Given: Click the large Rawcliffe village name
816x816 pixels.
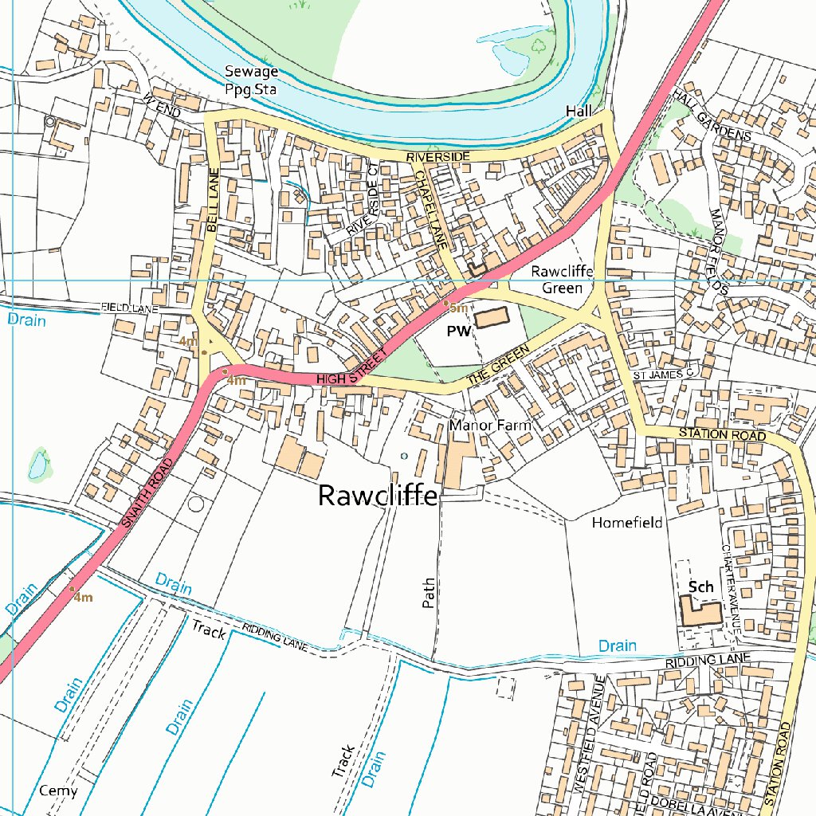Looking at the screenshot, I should click(x=377, y=496).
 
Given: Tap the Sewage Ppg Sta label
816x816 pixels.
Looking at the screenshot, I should click(x=250, y=80).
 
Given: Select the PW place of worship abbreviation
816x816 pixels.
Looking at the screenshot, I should click(x=459, y=331).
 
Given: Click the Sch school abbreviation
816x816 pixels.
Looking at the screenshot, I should click(x=700, y=587).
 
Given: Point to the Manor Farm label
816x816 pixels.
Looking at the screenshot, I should click(x=489, y=426).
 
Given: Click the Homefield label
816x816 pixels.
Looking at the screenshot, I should click(x=627, y=523).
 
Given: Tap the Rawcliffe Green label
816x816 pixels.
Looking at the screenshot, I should click(x=563, y=280).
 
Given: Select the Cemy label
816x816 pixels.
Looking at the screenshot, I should click(x=58, y=790).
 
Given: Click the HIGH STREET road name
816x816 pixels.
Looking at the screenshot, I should click(x=351, y=371).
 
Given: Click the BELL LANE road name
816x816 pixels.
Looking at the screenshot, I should click(x=212, y=200).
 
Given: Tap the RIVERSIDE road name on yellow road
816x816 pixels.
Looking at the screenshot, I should click(x=438, y=157).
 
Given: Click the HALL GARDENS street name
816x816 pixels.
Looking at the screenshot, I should click(x=712, y=115).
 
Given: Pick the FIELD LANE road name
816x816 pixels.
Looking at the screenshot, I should click(x=130, y=307).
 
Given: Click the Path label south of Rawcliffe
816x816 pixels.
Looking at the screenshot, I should click(x=428, y=594).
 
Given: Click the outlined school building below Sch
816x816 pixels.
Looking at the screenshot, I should click(x=700, y=613).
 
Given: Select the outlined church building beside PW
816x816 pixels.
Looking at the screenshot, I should click(x=492, y=318).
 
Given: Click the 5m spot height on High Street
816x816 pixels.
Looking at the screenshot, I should click(x=457, y=308).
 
